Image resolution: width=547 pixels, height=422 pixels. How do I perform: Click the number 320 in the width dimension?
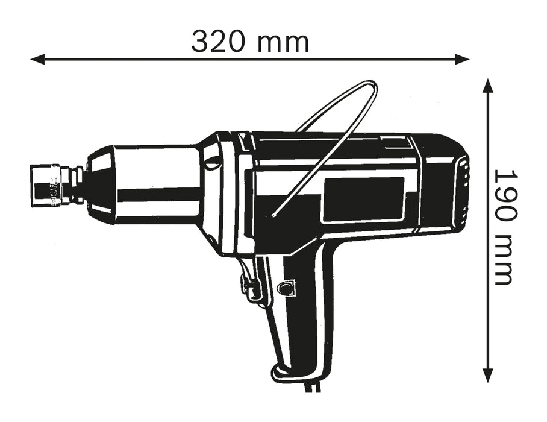pos(219,41)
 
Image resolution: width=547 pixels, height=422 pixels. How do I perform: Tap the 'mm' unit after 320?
pos(283,41)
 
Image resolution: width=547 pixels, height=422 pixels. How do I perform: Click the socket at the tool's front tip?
pos(48,184)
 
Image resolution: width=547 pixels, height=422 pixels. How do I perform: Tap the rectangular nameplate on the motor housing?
pos(363,200)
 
